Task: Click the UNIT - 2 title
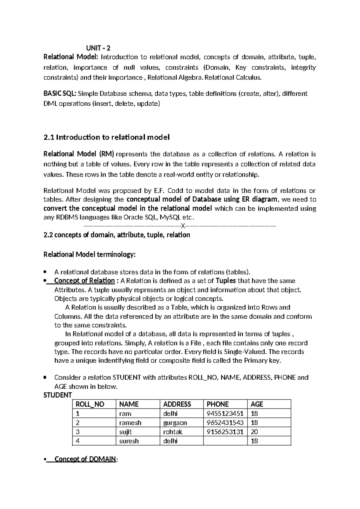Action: pyautogui.click(x=98, y=48)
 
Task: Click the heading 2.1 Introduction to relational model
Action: pyautogui.click(x=106, y=137)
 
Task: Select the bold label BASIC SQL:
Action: pyautogui.click(x=60, y=94)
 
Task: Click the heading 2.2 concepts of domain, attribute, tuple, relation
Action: pyautogui.click(x=117, y=235)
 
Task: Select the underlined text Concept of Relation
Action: pyautogui.click(x=84, y=281)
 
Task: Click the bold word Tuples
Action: pyautogui.click(x=226, y=281)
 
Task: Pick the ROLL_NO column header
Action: pyautogui.click(x=90, y=404)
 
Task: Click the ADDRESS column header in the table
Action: pyautogui.click(x=177, y=404)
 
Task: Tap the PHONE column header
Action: pyautogui.click(x=217, y=404)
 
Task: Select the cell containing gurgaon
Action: pyautogui.click(x=175, y=423)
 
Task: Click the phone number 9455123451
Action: pyautogui.click(x=225, y=414)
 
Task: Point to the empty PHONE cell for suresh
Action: pyautogui.click(x=225, y=441)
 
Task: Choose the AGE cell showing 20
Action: pyautogui.click(x=254, y=432)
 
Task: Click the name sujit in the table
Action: pyautogui.click(x=125, y=432)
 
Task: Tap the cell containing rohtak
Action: pyautogui.click(x=172, y=432)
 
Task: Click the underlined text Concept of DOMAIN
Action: pyautogui.click(x=85, y=459)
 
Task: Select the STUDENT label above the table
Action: pyautogui.click(x=58, y=395)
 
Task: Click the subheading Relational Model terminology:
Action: pyautogui.click(x=90, y=255)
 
